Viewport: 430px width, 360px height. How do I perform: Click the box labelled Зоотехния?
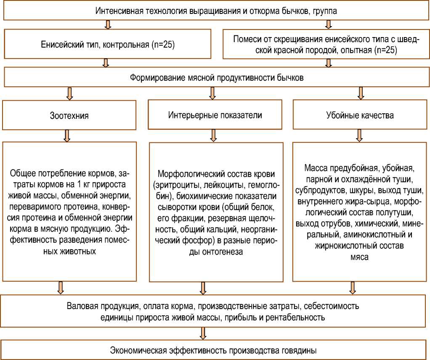(x=69, y=115)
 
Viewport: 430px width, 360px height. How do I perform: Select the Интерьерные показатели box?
(x=215, y=115)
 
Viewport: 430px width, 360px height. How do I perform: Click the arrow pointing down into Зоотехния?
(x=70, y=93)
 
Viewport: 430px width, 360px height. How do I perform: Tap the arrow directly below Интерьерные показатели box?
(x=213, y=135)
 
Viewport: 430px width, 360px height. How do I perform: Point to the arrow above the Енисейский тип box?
(x=108, y=24)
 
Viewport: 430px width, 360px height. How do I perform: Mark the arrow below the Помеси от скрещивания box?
(x=329, y=63)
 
